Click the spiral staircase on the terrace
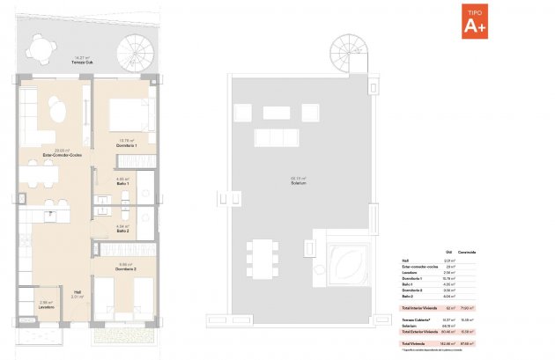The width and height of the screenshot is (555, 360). pos(134,52)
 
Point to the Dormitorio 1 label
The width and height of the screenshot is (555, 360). pos(124,143)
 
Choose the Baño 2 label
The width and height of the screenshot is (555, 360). pos(123,231)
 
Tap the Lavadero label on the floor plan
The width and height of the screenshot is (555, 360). pos(48,307)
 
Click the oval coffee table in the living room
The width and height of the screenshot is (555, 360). pos(57,113)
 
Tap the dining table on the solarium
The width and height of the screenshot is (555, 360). pos(260,257)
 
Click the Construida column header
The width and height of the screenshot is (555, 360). pos(467,252)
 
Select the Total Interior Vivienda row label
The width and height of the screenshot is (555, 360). pos(419,308)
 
